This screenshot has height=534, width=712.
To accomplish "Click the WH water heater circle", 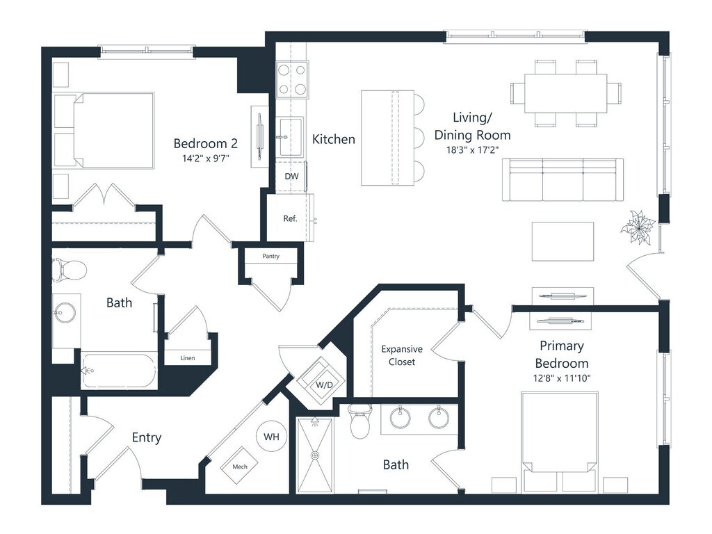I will coord(271,437).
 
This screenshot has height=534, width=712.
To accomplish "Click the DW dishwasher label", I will coord(291,176).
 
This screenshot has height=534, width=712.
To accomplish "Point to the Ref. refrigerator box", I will coord(290,218).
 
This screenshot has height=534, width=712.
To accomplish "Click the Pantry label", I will coord(271,257).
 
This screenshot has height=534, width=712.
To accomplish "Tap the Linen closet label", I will coord(187,358).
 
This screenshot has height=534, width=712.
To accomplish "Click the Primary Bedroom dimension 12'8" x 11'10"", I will coord(561,378).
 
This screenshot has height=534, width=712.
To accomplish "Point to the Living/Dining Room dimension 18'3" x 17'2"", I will coord(472,149).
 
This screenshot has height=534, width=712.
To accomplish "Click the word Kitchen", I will coord(334,140).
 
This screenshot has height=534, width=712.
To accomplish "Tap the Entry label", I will coord(147,437).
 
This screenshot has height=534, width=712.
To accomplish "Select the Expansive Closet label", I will coord(402,355).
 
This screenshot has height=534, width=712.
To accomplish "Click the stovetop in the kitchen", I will coord(293,79).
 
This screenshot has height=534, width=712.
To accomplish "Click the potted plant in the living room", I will coord(638,227).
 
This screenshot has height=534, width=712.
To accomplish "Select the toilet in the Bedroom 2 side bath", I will coord(67,269).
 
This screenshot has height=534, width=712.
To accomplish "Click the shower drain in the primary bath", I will coord(315,455).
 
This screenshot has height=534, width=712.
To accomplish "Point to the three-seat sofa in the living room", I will coord(563,179).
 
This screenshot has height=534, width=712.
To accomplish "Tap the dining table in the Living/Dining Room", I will coord(565,91).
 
